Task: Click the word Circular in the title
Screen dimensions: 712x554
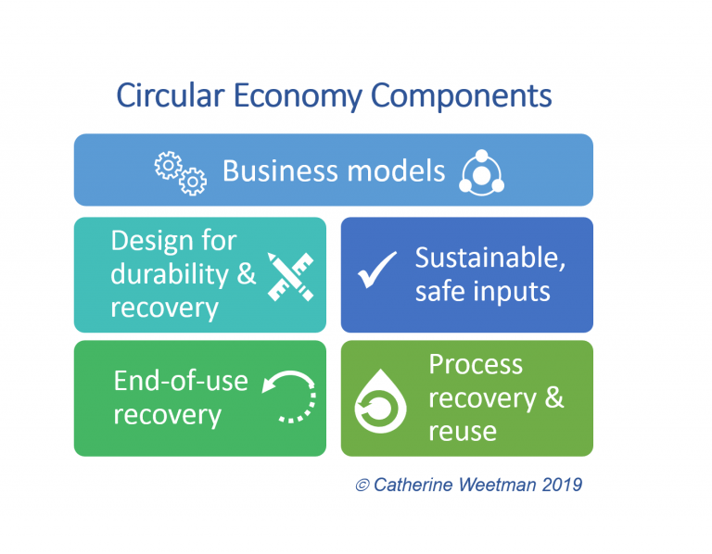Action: click(x=171, y=95)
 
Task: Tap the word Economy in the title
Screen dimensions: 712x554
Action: click(x=298, y=97)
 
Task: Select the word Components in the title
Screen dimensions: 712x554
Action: click(x=462, y=97)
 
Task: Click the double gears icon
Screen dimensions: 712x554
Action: click(x=180, y=173)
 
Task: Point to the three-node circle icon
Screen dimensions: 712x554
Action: click(x=482, y=173)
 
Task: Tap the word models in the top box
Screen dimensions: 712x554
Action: click(x=397, y=171)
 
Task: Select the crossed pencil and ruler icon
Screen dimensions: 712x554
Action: click(x=290, y=277)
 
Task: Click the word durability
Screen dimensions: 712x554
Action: click(x=170, y=275)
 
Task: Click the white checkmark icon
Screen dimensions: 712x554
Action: click(x=377, y=270)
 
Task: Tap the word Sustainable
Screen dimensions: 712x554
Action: click(x=490, y=258)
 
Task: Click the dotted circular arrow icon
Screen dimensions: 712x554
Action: click(x=289, y=397)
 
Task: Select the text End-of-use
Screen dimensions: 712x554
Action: click(x=181, y=380)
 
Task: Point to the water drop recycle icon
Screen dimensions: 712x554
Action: click(x=380, y=401)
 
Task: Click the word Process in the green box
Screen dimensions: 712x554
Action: click(x=476, y=364)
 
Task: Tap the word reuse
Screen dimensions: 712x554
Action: click(x=463, y=432)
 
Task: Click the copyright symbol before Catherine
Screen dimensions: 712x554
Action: click(x=362, y=485)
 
